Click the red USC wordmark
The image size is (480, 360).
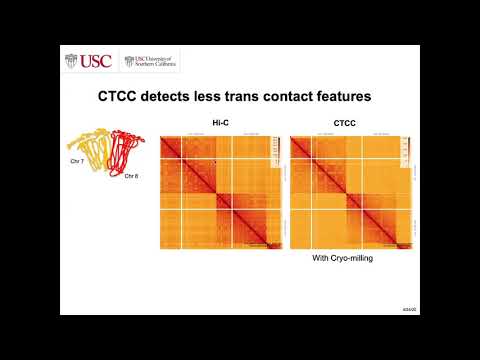[97, 62]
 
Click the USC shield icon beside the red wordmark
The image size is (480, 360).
[70, 62]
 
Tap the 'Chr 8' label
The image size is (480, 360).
[130, 176]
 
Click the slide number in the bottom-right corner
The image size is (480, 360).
[409, 312]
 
